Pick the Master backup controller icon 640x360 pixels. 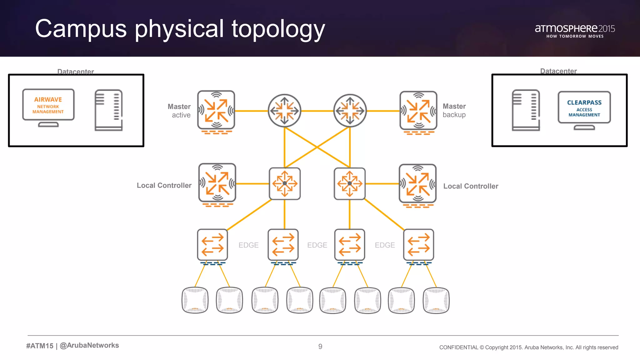click(x=418, y=111)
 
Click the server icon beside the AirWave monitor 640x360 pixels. click(x=108, y=110)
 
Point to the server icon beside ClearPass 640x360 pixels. click(x=526, y=110)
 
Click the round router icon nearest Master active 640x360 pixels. click(x=284, y=111)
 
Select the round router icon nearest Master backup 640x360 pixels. click(x=350, y=111)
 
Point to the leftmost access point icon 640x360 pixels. click(x=195, y=300)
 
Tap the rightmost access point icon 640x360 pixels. click(x=436, y=300)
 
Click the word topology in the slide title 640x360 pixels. click(x=278, y=29)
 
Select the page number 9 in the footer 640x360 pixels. click(x=320, y=347)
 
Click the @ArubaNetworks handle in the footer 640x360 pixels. click(x=89, y=345)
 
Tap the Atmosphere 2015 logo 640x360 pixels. click(x=575, y=31)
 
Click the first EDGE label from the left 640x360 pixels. click(x=248, y=245)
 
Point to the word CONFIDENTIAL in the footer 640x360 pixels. click(x=458, y=347)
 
